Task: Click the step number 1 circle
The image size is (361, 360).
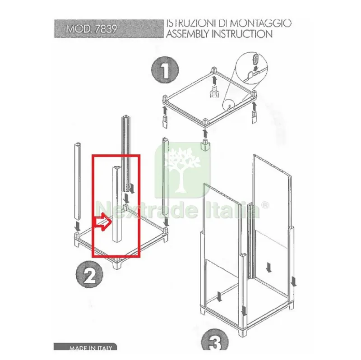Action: tap(165, 70)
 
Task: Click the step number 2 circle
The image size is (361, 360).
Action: tap(89, 274)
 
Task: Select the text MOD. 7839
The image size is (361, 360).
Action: tap(92, 29)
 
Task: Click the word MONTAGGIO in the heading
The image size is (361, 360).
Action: tap(260, 23)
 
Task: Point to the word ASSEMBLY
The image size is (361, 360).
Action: tap(188, 34)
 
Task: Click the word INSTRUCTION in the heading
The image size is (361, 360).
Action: tap(242, 34)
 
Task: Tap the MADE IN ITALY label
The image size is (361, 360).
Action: tap(91, 348)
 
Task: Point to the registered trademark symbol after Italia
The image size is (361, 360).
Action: tap(265, 205)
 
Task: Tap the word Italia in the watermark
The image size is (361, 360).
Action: tap(232, 210)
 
